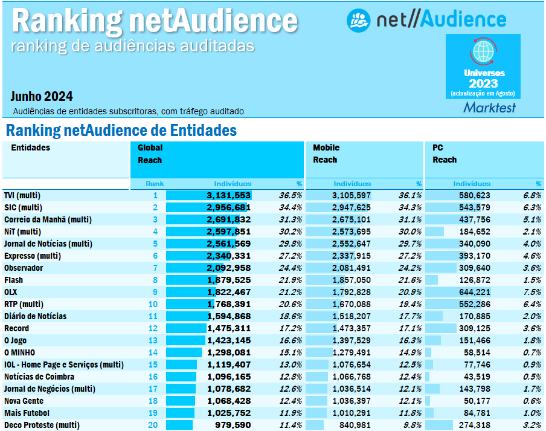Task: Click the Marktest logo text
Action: coord(489,108)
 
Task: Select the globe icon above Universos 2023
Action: coord(483,51)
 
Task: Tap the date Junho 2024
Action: coord(42,96)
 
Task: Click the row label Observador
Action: coord(24,268)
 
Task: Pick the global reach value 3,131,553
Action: coord(228,195)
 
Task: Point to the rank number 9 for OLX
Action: coord(155,292)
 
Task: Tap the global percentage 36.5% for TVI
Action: coord(290,195)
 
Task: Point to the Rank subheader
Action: coord(155,184)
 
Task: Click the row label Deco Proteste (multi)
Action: coord(42,425)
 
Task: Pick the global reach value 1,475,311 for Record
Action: coord(228,328)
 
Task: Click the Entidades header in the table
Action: coord(30,147)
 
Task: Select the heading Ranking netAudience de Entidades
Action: coord(121,131)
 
